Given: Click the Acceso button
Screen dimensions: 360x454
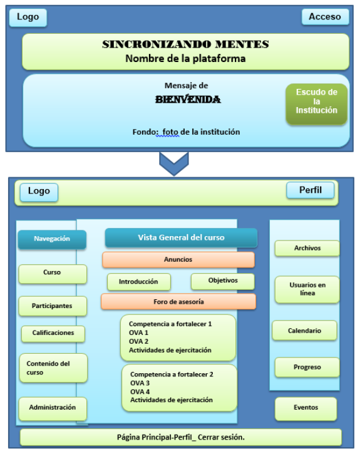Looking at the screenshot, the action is coord(326,17).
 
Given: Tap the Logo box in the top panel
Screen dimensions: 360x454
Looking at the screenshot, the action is coord(28,18).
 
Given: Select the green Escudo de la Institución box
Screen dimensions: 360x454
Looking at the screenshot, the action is coord(316,104).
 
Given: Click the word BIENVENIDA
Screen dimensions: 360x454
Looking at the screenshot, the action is coord(188,100).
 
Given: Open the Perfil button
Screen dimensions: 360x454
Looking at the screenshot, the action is coord(310,190).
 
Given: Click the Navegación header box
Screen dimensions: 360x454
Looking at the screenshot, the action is coord(52,239).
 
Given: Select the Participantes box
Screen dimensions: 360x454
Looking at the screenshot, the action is coord(53,306).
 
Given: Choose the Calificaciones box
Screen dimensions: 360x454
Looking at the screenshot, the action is coord(53,333).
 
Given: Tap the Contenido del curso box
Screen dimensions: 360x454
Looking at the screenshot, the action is coord(53,368).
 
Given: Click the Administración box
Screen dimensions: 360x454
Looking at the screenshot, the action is coord(53,408).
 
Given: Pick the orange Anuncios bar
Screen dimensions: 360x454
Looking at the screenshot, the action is coord(178,260).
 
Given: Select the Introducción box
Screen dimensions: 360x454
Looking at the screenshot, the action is coord(138,282).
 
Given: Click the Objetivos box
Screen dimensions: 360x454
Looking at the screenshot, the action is coord(223,281).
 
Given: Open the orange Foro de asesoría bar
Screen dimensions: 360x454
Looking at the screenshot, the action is coord(178,302).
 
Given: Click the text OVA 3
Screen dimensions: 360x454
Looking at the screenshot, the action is coord(140,383).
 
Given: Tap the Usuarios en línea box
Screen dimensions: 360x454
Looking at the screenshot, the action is coord(307,289).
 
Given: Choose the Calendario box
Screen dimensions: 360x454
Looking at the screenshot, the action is coord(304,331).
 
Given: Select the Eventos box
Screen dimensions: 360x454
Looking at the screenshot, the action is coord(306,408).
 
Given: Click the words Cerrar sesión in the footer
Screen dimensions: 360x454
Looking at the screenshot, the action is coord(221,437).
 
